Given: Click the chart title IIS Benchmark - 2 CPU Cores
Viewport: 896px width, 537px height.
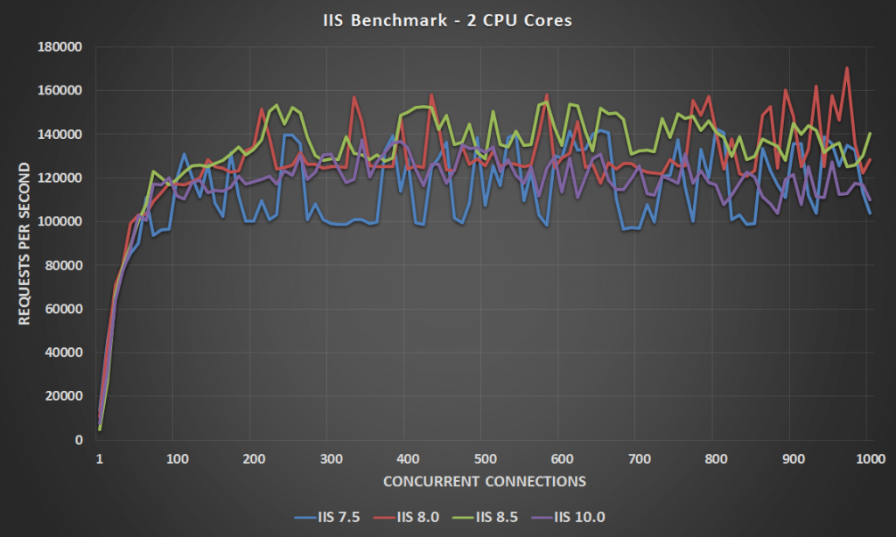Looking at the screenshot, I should tap(447, 19).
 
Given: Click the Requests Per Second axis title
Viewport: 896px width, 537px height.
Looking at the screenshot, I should tap(24, 244).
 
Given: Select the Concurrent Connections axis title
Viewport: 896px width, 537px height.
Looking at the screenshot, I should tap(483, 481).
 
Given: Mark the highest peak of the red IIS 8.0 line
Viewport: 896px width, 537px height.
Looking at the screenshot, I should tap(847, 67).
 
